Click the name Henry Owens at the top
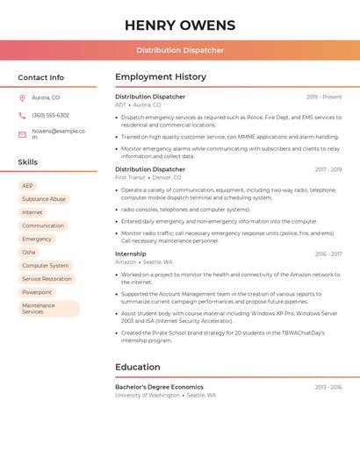coord(180,25)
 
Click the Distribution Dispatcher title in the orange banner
coord(180,50)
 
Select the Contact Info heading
coord(41,77)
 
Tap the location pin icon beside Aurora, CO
coord(22,97)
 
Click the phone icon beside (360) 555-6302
coord(22,115)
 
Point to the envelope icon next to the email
coord(22,134)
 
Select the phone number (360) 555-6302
coord(51,115)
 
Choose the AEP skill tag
coord(28,186)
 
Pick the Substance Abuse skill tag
coord(44,199)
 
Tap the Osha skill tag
coord(29,252)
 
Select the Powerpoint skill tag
coord(37,292)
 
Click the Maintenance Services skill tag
coord(48,309)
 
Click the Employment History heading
coord(161,77)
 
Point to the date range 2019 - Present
coord(324,97)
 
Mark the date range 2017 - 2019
coord(328,169)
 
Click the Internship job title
coord(131,254)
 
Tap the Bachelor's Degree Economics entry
coord(159,387)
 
